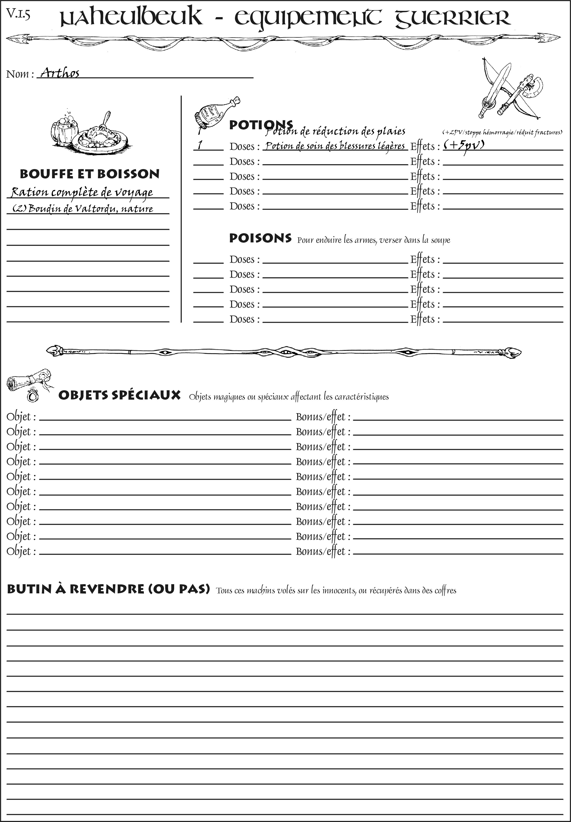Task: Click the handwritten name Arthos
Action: click(60, 73)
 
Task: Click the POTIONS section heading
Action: click(261, 125)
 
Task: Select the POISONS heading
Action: click(260, 238)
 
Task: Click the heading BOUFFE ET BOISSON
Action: click(89, 174)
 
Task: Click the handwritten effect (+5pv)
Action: click(464, 145)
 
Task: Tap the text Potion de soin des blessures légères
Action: click(335, 146)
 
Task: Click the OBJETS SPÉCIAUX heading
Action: click(119, 395)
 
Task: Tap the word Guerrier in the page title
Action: click(452, 18)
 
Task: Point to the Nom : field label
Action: click(20, 74)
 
